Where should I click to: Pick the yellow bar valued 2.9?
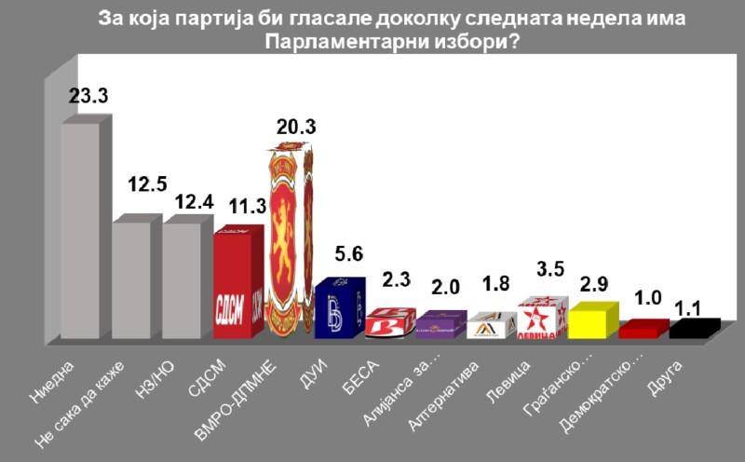589,321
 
